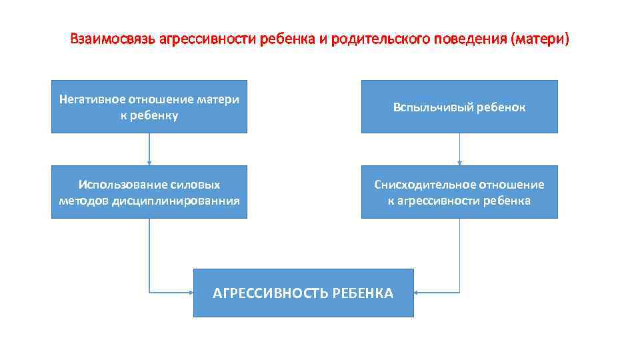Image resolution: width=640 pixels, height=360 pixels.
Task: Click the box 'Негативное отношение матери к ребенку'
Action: point(149,107)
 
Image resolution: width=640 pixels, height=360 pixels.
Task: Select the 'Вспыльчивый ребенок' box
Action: point(459,107)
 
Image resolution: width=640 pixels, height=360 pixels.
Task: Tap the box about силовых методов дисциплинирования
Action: point(149,192)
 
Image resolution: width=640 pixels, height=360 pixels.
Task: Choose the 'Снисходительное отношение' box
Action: point(459,192)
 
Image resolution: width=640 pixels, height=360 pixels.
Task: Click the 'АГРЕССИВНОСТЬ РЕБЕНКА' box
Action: point(303,293)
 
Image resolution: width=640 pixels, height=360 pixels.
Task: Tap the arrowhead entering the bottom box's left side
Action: point(190,293)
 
